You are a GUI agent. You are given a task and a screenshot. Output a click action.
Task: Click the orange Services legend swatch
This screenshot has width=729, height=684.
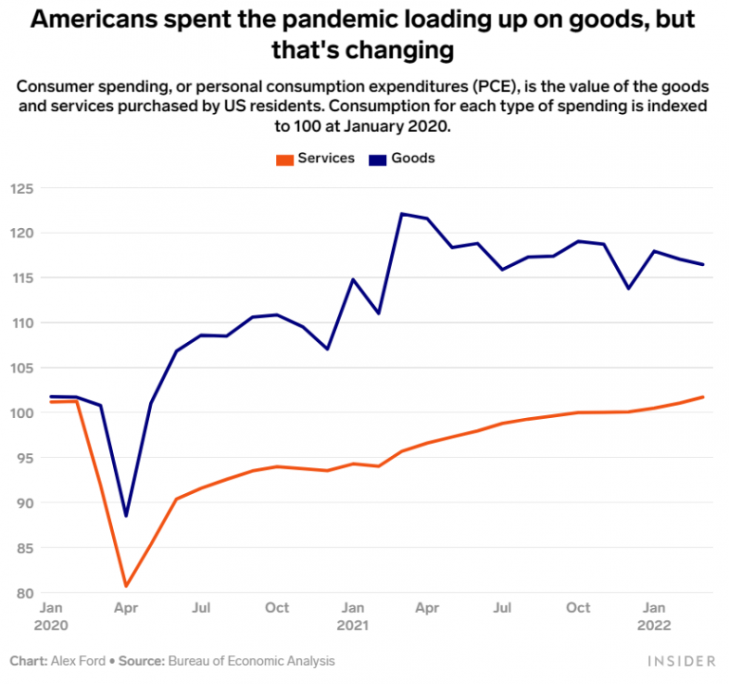point(284,159)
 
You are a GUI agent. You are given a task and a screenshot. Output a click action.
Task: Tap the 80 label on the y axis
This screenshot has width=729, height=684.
point(24,594)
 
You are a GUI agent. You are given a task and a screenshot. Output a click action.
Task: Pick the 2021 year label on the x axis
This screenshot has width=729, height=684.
point(352,625)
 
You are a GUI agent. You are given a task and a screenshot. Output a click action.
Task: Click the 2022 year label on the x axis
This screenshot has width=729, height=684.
point(654,625)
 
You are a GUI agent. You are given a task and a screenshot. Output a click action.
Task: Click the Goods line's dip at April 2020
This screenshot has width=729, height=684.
point(126,516)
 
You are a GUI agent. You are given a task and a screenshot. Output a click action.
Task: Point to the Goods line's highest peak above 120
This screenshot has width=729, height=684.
point(402,214)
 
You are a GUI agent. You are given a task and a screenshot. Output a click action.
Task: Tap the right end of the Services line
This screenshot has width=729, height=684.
point(703,396)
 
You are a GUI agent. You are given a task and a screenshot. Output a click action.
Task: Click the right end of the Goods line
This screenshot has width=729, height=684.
point(703,264)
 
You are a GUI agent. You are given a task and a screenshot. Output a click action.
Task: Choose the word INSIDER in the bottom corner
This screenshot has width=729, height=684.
point(682,660)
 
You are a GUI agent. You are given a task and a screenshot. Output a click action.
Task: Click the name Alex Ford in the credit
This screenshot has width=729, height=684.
point(80,660)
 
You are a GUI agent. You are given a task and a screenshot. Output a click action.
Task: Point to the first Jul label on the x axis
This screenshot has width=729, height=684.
point(201,607)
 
